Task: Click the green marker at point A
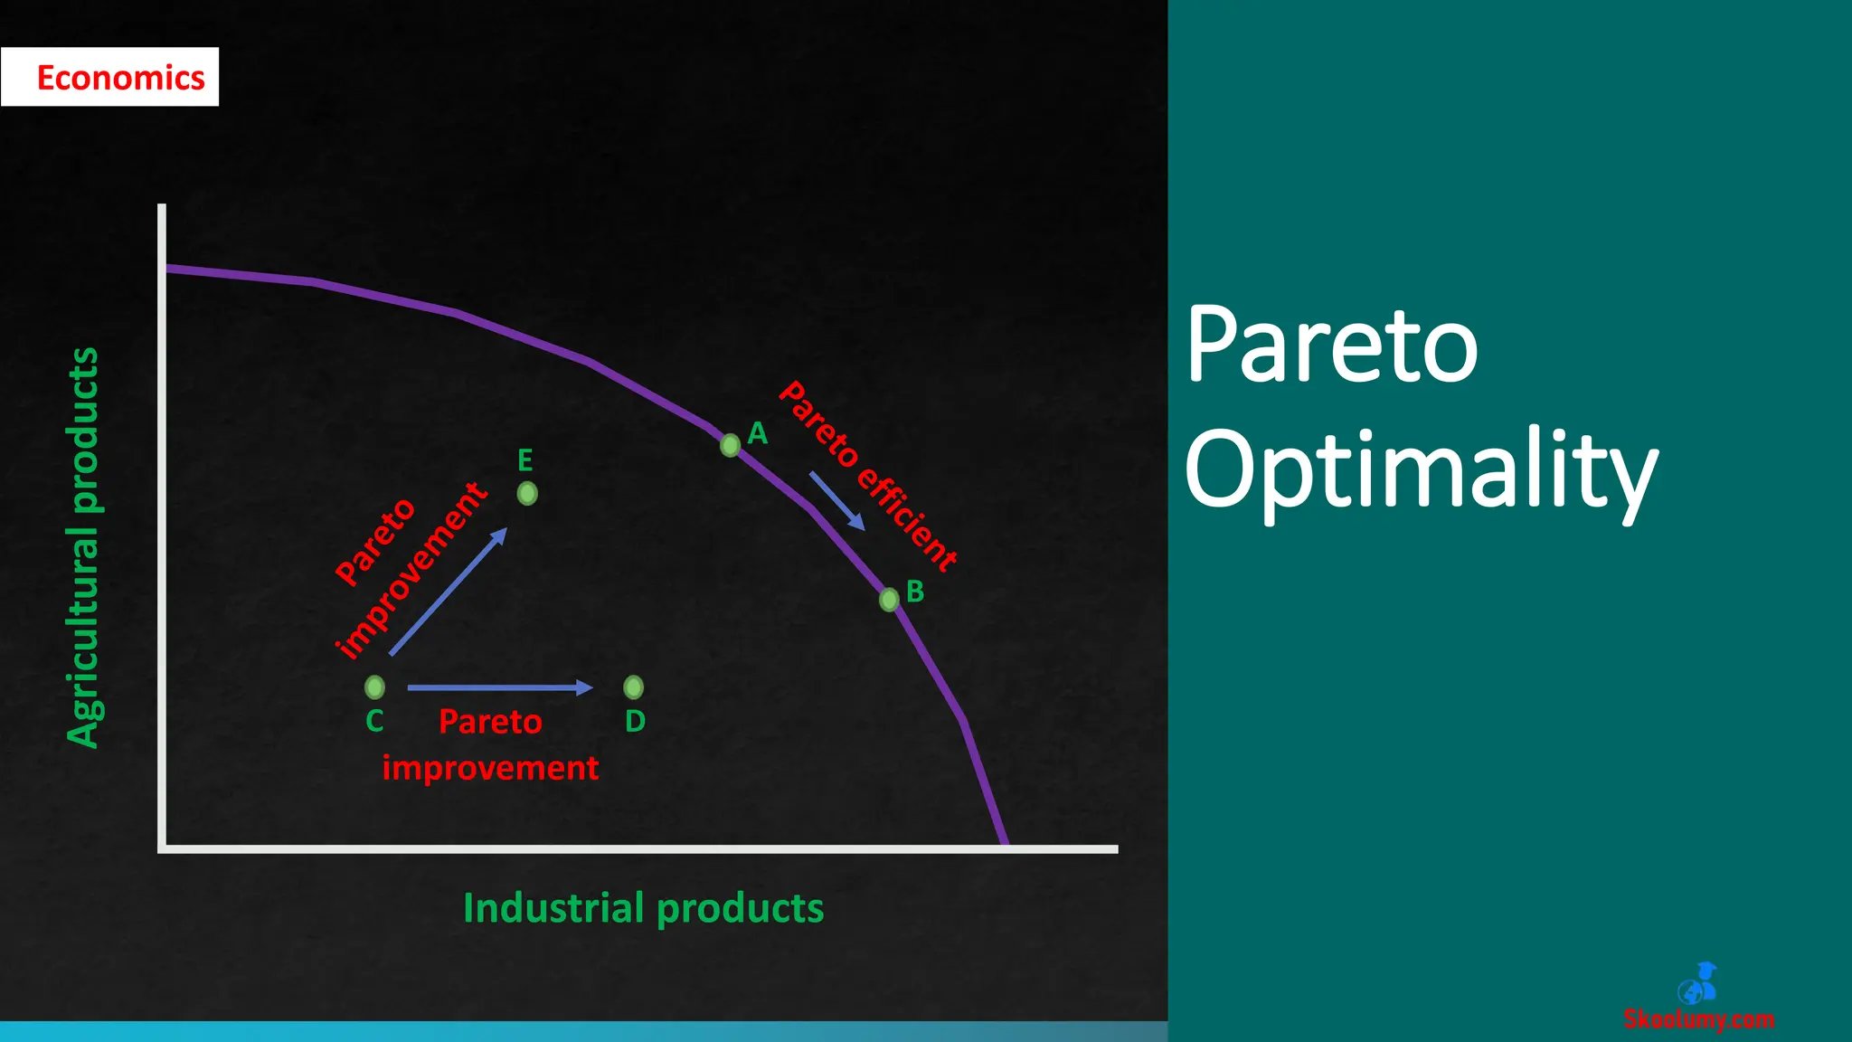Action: [730, 445]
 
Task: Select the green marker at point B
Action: [889, 599]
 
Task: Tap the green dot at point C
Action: [374, 687]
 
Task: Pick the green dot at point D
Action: [634, 687]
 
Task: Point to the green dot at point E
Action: [527, 493]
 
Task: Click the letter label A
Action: [758, 433]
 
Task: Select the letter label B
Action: [915, 592]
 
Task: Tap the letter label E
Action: [524, 460]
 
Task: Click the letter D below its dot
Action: [635, 722]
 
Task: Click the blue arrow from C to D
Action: [499, 687]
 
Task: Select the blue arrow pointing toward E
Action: [449, 592]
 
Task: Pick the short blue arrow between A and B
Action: [836, 500]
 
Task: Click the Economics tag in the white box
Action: [120, 78]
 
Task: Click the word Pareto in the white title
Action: [1331, 345]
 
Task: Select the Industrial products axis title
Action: [643, 908]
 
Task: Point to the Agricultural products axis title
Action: [84, 547]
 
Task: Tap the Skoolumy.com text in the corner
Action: [1698, 1019]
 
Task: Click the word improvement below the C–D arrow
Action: [490, 768]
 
